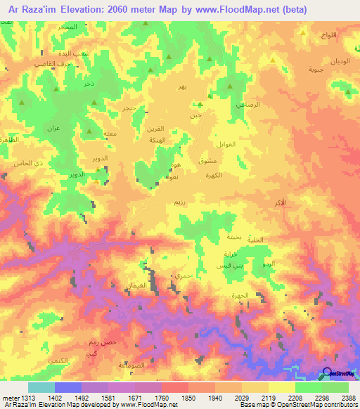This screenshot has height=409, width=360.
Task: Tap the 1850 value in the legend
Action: coord(188,397)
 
